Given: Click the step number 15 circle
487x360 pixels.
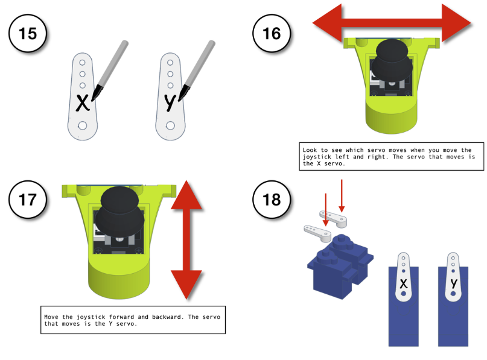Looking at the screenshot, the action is pos(28,33).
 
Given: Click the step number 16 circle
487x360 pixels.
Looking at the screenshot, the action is pos(272,33).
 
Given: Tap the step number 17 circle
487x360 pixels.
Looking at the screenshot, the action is pos(28,199).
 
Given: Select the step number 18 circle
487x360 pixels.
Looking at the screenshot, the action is pos(272,199).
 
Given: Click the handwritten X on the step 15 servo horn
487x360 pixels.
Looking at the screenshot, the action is pos(83,103).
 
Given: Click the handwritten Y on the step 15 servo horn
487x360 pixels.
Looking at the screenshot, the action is pos(170,103).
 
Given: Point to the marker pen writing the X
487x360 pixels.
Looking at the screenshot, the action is pos(110,70).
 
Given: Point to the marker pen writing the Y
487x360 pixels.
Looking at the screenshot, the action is pos(197,70).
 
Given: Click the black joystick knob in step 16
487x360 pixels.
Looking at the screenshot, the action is pos(392,60).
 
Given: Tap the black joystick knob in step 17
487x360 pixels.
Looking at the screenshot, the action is pos(119,209).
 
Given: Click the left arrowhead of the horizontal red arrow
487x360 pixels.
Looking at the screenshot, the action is pos(327,23).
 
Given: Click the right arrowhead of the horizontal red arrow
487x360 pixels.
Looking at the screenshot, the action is pos(456,23).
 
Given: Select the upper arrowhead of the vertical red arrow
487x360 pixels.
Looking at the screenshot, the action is pos(186,195).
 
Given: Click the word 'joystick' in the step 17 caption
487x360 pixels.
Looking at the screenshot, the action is pos(91,317).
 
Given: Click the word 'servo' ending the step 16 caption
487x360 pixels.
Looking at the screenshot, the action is pos(333,163).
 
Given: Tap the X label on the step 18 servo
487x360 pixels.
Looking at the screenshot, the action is pos(404,283).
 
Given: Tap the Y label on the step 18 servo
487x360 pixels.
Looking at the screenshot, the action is pos(454,283).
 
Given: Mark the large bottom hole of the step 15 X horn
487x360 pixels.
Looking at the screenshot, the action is pos(83,125).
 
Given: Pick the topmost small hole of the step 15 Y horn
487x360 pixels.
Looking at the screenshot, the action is pos(170,63).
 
